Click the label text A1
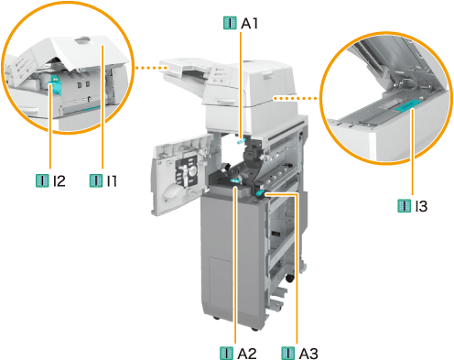coord(249,23)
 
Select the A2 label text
coord(247,354)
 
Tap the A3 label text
coord(308,354)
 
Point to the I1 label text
coord(112,180)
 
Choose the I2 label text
coord(59,180)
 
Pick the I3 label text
coord(421,206)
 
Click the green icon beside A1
coord(230,23)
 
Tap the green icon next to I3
coord(405,206)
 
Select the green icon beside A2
coord(226,354)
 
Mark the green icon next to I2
coord(42,180)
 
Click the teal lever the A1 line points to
coord(241,141)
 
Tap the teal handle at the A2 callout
coord(235,180)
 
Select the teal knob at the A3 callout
coord(260,192)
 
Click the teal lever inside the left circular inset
coord(55,84)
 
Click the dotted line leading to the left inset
coord(147,68)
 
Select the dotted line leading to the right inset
coord(296,98)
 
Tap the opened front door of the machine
coord(180,174)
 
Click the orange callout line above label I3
coord(413,152)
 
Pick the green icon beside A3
coord(288,354)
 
